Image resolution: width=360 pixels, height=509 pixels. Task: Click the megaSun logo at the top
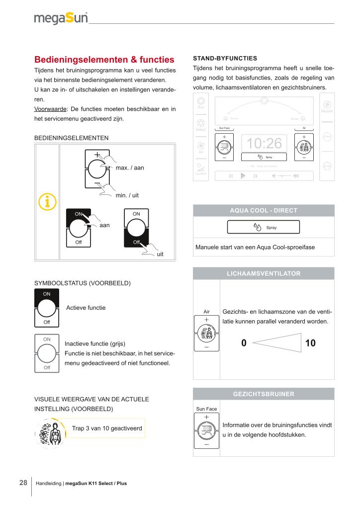click(x=61, y=19)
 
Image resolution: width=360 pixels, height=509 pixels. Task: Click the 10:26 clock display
click(x=264, y=144)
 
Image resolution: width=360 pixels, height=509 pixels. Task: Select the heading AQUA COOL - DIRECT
click(x=264, y=210)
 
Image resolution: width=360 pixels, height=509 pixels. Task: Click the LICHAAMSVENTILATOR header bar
click(x=264, y=273)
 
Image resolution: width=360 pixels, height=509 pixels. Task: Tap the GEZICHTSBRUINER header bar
click(x=264, y=394)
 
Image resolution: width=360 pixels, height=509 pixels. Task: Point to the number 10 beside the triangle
click(x=311, y=343)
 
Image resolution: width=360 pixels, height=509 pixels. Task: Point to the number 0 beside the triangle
click(x=244, y=343)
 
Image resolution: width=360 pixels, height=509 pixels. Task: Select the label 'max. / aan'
click(x=130, y=168)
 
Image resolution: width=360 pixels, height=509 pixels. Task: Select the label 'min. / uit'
click(x=127, y=195)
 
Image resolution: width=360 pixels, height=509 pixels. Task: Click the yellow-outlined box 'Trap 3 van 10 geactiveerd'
click(x=107, y=428)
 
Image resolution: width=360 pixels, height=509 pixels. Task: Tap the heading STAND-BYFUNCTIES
click(x=225, y=58)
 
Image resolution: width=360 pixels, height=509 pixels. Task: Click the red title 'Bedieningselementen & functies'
click(x=104, y=60)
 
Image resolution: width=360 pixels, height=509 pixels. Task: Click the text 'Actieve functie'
click(x=86, y=308)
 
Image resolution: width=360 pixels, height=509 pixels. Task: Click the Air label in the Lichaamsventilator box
click(x=206, y=312)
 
